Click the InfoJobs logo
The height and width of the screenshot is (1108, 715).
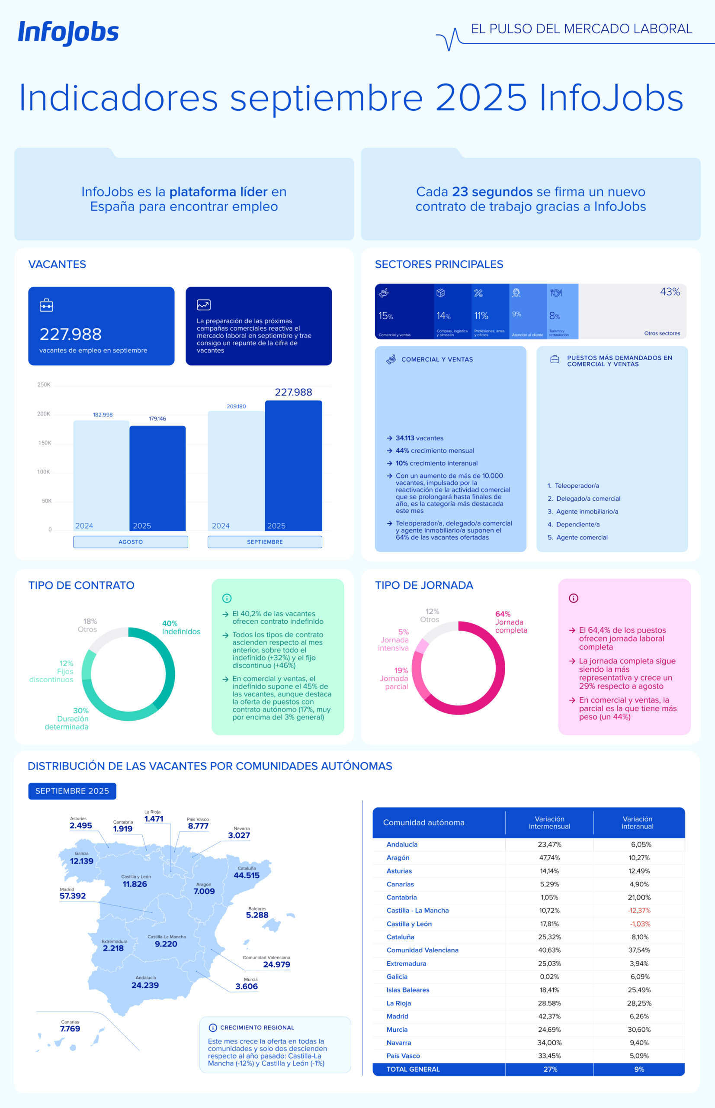[x=68, y=33]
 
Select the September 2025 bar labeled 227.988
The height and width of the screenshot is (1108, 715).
[x=293, y=464]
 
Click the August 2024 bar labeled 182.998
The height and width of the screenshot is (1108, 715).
[x=101, y=474]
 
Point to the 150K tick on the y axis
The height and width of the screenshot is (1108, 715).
[x=45, y=443]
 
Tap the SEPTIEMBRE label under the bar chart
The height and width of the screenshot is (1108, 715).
[x=265, y=542]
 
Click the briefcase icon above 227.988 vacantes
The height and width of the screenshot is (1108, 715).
[x=46, y=305]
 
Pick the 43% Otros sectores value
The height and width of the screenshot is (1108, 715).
[x=670, y=292]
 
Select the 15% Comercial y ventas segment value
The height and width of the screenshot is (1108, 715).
[x=385, y=316]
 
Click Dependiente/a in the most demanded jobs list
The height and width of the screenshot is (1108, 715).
[x=577, y=525]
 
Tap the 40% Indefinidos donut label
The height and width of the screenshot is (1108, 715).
[x=181, y=627]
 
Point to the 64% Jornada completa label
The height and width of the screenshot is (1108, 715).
[x=511, y=622]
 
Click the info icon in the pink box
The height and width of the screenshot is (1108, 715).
[x=574, y=598]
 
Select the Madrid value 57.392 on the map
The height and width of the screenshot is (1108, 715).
[x=73, y=895]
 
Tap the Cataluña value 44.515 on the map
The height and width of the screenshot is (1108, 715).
[x=247, y=875]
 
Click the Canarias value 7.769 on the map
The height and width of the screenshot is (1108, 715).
[x=70, y=1028]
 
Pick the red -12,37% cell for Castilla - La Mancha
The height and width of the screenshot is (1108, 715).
[x=639, y=911]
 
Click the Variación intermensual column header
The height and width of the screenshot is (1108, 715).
[x=549, y=822]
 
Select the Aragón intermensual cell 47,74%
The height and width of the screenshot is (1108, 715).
[x=549, y=857]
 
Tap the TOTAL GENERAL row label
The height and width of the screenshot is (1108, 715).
[x=413, y=1069]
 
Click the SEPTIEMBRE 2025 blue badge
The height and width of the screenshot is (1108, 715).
[x=72, y=791]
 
